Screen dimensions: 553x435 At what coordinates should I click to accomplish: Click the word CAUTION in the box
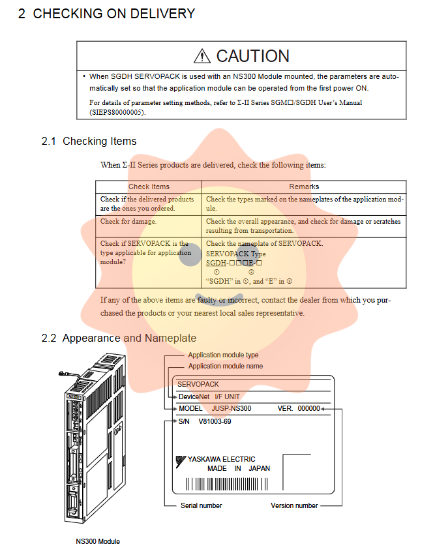tap(252, 57)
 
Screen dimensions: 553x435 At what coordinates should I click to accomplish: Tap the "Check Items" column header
tap(149, 187)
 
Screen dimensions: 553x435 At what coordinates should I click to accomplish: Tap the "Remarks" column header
tap(304, 187)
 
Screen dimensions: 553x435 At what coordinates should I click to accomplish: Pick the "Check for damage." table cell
tap(128, 222)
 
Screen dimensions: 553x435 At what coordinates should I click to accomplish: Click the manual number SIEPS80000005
tap(117, 112)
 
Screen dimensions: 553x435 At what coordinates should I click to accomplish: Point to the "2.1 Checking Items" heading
tap(89, 142)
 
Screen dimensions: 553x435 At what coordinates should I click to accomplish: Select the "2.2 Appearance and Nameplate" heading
tap(119, 338)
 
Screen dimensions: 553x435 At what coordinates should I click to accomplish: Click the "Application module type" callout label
tap(223, 355)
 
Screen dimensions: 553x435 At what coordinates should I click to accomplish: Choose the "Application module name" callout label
tap(226, 366)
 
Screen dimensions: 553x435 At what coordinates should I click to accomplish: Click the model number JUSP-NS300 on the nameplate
tap(232, 408)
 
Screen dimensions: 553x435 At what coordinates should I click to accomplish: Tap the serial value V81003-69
tap(215, 421)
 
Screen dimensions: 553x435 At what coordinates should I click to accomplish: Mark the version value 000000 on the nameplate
tap(308, 408)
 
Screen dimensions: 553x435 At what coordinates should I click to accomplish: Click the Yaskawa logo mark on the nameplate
tap(180, 460)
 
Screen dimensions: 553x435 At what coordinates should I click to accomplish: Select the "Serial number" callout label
tap(201, 505)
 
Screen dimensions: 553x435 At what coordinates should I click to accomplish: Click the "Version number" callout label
tap(294, 505)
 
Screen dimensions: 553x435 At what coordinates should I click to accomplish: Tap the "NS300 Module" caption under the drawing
tap(98, 541)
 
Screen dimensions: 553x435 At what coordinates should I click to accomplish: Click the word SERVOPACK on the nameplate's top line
tap(198, 385)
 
